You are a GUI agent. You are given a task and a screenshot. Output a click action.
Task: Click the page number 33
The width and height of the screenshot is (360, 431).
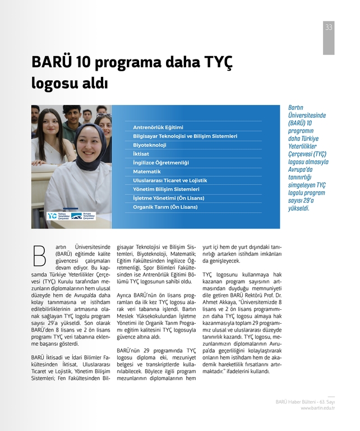point(329,27)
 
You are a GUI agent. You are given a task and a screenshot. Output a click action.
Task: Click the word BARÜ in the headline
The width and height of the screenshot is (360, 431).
point(50,62)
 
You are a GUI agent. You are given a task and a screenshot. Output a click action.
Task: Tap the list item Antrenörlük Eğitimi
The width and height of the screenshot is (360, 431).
point(158,127)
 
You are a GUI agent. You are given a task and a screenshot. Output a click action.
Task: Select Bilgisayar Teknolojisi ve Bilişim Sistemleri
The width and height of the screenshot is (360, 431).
point(185,136)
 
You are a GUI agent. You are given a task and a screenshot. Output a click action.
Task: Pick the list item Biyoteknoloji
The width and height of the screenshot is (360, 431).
point(150,145)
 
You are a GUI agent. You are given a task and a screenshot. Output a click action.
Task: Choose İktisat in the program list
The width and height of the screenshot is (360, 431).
point(141,154)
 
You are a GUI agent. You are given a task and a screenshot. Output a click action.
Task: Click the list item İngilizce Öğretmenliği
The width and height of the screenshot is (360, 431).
point(161,162)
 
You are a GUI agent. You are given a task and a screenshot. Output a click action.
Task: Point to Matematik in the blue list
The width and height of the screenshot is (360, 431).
point(147,171)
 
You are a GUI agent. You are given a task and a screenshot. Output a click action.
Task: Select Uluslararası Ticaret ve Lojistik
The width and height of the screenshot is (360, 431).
point(170,180)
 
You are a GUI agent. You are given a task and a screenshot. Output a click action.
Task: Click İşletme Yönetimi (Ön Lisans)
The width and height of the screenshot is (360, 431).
point(168,198)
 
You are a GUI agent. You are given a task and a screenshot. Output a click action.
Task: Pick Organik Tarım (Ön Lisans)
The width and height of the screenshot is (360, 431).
point(165,207)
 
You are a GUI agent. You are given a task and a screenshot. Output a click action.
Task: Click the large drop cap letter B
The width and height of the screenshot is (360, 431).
point(39,255)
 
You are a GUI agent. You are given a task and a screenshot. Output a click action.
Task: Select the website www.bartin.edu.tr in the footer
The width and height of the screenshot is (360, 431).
point(318,408)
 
